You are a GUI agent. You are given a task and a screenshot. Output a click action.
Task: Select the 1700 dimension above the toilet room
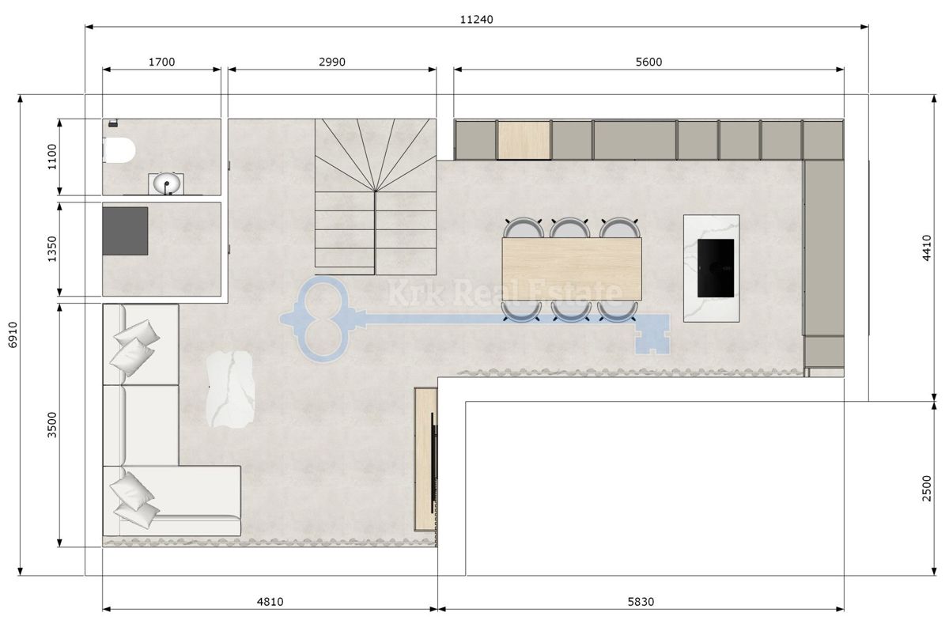[x=161, y=62]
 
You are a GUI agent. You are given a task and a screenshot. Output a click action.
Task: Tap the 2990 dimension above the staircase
[x=332, y=62]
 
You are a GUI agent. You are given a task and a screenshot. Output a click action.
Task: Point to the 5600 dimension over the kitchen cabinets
[x=648, y=62]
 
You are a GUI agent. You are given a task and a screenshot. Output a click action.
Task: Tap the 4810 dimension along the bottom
[x=270, y=601]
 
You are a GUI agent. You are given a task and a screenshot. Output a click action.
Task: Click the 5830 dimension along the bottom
[x=641, y=601]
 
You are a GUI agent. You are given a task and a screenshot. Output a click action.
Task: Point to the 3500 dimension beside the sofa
[x=51, y=425]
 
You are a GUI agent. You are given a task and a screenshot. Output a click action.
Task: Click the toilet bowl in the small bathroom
[x=119, y=149]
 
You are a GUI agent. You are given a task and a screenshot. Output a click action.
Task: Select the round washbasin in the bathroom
[x=167, y=184]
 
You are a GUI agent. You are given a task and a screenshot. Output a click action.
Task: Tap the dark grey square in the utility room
[x=125, y=231]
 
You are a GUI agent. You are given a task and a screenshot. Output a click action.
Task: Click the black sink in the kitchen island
[x=715, y=267]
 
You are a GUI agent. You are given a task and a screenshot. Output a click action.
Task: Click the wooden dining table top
[x=571, y=269]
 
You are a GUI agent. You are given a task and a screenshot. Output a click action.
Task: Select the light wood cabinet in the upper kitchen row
[x=524, y=139]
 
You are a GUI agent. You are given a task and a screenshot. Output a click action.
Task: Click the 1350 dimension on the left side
[x=51, y=249]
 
